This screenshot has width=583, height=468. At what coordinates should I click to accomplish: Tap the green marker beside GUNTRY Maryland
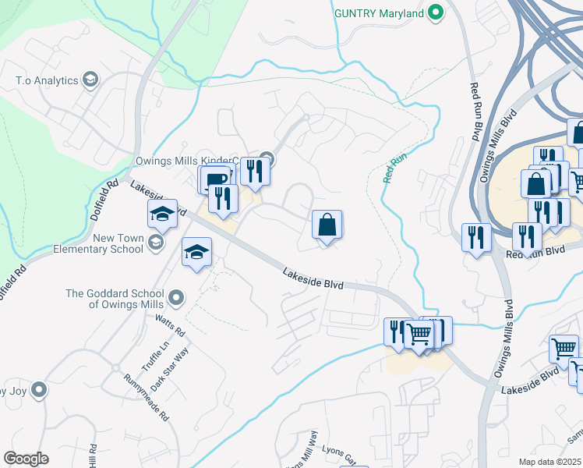(x=436, y=13)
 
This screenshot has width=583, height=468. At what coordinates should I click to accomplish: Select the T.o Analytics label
(x=47, y=80)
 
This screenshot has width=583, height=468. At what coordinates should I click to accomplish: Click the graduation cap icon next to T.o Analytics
(x=90, y=80)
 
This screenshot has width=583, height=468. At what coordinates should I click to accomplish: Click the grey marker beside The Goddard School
(x=176, y=297)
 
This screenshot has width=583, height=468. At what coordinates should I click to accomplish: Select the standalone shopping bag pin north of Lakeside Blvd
(x=327, y=225)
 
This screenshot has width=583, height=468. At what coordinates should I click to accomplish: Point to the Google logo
(x=26, y=459)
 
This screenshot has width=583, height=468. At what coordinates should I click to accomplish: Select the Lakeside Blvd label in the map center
(x=313, y=279)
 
